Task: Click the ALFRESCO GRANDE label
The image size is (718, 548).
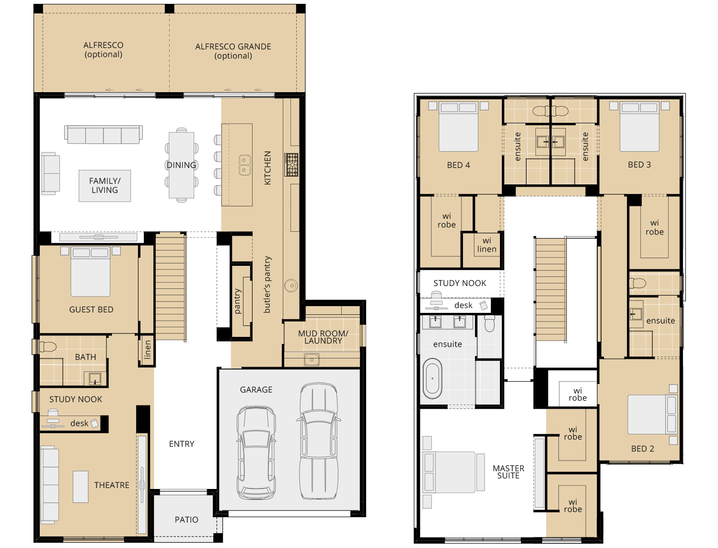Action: coord(233,51)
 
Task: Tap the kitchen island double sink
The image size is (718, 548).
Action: coord(244,165)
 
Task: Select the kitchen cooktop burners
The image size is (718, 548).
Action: coord(291,165)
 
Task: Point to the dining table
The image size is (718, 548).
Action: coord(181,165)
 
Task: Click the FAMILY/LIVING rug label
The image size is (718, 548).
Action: coord(104,185)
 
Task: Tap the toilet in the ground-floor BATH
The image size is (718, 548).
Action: coord(48,346)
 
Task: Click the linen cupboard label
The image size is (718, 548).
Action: coord(148,350)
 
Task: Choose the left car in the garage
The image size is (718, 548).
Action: coord(256,453)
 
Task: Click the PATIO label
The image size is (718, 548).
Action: coord(186,520)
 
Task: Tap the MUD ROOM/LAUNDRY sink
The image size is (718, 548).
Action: coord(312,360)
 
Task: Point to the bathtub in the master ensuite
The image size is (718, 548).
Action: coord(432,379)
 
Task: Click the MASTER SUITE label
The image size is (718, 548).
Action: coord(509,472)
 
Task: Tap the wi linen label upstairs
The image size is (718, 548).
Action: coord(487,245)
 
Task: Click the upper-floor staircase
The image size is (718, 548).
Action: coord(550,289)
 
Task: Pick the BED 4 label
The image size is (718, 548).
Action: coord(458,166)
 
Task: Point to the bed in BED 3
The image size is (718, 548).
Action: coord(639,127)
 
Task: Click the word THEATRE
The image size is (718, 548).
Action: coord(112,485)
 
